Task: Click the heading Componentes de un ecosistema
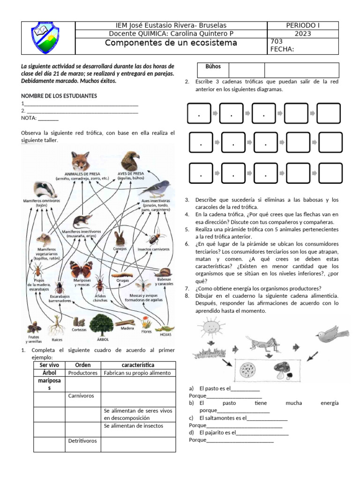tap(171, 43)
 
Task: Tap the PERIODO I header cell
tap(302, 25)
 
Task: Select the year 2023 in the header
tap(302, 34)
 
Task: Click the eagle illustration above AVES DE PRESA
tap(130, 161)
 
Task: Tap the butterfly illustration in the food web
tap(82, 269)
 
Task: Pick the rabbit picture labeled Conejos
tap(120, 237)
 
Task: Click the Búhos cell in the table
tap(213, 67)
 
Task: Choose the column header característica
tap(138, 365)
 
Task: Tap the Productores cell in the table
tap(82, 373)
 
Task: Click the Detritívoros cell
tap(82, 441)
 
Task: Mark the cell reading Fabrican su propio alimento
tap(138, 373)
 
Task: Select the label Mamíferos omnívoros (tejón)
tap(42, 202)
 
